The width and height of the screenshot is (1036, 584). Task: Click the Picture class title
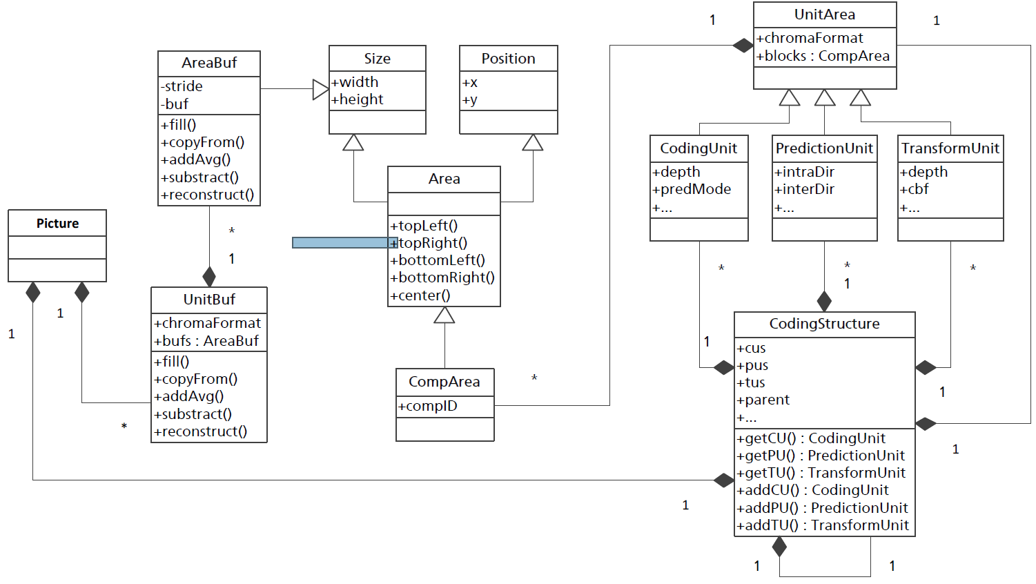(x=57, y=224)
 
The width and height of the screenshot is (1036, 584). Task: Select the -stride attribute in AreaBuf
(x=182, y=86)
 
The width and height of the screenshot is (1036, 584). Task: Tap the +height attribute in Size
(x=358, y=99)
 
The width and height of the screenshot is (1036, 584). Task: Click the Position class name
(x=508, y=59)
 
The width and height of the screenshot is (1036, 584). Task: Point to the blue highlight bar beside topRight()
(x=344, y=243)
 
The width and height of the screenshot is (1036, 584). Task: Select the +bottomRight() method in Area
(x=442, y=278)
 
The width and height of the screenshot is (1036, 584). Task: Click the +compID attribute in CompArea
(x=428, y=406)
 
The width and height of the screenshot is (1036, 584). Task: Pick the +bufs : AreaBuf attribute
(x=206, y=341)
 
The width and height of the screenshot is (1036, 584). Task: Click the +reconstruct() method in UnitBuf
(x=201, y=431)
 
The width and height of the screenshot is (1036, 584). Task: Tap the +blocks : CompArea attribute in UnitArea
(x=823, y=56)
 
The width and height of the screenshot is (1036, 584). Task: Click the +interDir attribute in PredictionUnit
(x=804, y=189)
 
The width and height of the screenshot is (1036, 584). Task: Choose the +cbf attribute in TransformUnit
(x=915, y=189)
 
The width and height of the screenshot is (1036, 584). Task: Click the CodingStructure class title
(x=824, y=324)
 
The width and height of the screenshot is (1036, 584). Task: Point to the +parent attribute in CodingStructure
(x=763, y=400)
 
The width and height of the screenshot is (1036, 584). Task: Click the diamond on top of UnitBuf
(x=209, y=277)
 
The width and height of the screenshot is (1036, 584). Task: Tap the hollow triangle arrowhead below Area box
(x=444, y=315)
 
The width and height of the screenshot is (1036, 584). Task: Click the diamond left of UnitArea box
(x=743, y=46)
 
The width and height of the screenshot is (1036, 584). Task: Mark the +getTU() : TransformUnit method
(x=821, y=473)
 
